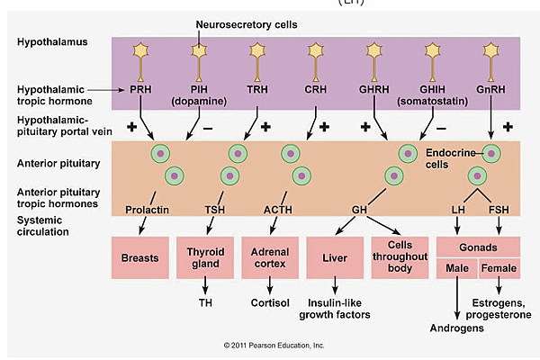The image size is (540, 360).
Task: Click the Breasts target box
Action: pos(139,257)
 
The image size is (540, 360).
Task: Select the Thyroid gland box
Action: pos(204,257)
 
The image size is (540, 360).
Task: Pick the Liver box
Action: pos(335,257)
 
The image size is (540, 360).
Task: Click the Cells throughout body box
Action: pos(399,257)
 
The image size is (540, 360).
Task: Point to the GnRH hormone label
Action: pos(490,90)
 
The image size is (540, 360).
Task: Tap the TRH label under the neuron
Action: pos(257,90)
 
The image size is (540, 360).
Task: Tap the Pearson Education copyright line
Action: pos(274,345)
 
